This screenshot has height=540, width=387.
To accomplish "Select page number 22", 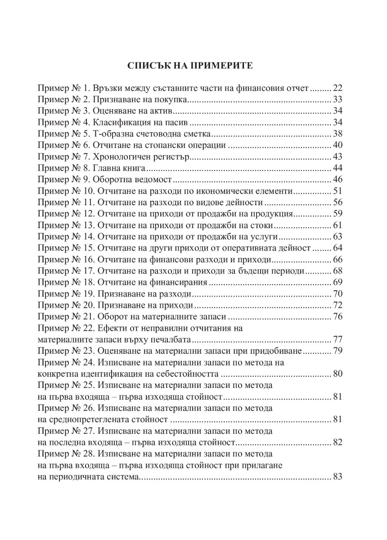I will [337, 88].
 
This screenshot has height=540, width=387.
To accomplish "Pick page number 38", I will [337, 134].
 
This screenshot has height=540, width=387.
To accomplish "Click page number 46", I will [337, 180].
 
